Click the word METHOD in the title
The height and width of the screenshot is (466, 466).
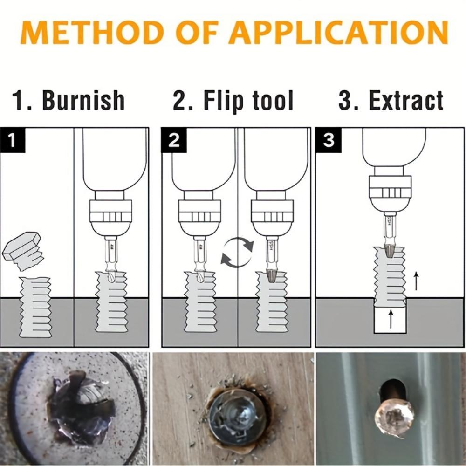pos(86,33)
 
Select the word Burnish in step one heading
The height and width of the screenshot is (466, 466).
pos(83,100)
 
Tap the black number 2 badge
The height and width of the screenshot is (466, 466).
pos(174,140)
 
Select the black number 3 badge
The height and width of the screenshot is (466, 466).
pos(329,140)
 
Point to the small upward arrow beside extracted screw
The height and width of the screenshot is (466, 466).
pos(416,281)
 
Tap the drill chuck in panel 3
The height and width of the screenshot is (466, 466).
pos(390,191)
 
